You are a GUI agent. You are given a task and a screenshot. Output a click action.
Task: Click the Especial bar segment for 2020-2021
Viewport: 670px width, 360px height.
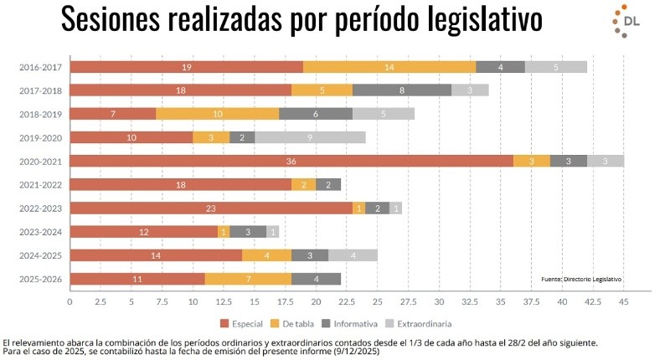[x=291, y=161]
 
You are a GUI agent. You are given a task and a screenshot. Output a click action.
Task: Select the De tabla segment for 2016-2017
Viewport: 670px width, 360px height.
[x=389, y=66]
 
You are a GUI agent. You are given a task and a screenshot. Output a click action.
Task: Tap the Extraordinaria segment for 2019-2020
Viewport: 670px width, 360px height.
[x=310, y=137]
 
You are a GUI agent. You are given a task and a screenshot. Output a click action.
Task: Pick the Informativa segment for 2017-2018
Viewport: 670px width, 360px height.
[x=402, y=90]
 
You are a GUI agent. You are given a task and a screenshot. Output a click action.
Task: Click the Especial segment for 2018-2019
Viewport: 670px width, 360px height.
[x=112, y=113]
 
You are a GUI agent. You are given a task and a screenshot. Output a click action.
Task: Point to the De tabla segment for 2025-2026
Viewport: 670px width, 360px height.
[x=248, y=279]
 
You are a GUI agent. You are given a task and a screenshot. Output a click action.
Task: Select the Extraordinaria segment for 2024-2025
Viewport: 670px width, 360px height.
[x=353, y=255]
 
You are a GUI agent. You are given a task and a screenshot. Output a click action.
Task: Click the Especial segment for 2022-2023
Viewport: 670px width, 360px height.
[x=211, y=208]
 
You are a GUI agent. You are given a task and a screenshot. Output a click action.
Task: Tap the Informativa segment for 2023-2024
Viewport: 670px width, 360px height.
[x=248, y=232]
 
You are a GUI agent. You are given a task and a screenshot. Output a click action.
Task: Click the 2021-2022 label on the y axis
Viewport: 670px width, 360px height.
[x=40, y=184]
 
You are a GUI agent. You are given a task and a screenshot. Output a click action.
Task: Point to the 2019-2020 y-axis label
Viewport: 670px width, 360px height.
[x=40, y=137]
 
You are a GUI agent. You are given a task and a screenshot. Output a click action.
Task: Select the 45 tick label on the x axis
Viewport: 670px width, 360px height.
[x=624, y=301]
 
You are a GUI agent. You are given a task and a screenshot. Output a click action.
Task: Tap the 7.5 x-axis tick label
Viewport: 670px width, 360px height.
[x=162, y=301]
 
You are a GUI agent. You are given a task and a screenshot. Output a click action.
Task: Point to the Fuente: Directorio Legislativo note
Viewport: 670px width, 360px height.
[x=582, y=279]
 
